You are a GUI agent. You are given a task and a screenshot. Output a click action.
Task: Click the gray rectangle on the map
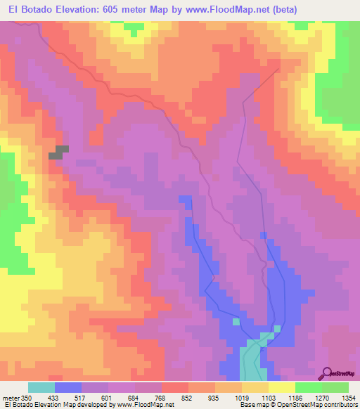click(58, 152)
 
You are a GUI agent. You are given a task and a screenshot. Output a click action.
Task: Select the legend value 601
click(108, 397)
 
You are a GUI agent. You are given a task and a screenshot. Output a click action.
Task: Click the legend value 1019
click(243, 397)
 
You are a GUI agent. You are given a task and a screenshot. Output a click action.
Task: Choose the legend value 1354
click(349, 397)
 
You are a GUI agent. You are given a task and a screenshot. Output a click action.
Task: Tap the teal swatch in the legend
click(41, 387)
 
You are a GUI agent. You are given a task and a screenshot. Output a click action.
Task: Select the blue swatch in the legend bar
click(68, 387)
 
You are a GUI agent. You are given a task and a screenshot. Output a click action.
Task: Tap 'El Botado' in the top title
click(27, 9)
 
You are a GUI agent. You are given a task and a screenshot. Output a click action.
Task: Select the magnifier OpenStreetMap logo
click(328, 372)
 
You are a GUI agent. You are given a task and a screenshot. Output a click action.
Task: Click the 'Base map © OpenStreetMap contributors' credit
click(299, 405)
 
